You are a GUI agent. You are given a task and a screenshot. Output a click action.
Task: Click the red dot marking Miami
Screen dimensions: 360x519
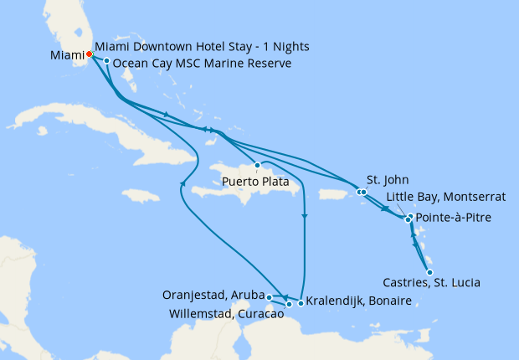point(90,55)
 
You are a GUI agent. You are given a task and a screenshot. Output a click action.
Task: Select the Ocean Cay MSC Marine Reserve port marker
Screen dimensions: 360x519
point(107,61)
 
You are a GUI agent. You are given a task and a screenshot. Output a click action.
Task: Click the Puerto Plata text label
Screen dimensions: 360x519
point(256,181)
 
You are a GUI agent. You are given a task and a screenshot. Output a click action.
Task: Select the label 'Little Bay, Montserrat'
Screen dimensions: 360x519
point(445,197)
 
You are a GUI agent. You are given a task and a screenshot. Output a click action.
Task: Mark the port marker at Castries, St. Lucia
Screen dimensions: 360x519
point(429,272)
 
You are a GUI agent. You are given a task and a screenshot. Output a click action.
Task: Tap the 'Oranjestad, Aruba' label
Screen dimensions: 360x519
point(213,296)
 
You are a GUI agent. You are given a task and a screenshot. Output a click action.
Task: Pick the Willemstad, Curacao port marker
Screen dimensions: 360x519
point(289,304)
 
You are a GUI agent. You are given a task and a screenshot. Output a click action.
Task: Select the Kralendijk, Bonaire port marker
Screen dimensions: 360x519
point(301,302)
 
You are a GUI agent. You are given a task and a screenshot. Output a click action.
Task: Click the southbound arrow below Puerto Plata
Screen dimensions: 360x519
point(304,217)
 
